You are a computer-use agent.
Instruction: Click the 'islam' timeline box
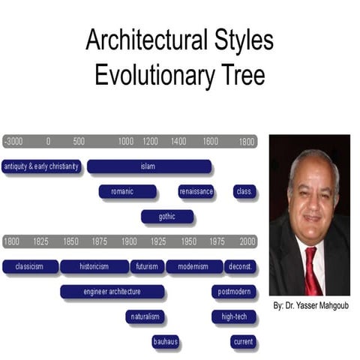[148, 166]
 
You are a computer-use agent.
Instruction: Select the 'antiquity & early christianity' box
[41, 166]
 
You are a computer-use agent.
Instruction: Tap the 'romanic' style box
[127, 192]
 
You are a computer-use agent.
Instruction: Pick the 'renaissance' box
[196, 192]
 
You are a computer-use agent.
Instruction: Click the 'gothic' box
[167, 217]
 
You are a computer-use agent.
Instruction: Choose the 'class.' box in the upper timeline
[244, 192]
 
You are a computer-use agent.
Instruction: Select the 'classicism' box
[30, 266]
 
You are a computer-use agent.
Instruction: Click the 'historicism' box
[94, 266]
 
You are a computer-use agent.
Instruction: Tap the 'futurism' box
[147, 266]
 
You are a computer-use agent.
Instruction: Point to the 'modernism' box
[194, 266]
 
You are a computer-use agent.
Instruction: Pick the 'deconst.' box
[240, 266]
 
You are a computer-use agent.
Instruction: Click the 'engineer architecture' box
[112, 291]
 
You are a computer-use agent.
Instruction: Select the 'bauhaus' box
[165, 342]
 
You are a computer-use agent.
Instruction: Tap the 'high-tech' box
[234, 316]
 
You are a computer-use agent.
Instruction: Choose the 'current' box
[244, 342]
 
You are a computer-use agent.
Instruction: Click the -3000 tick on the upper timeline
[13, 142]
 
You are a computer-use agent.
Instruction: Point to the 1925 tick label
[158, 241]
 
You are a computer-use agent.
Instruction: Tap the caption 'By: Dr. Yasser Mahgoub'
[310, 306]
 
